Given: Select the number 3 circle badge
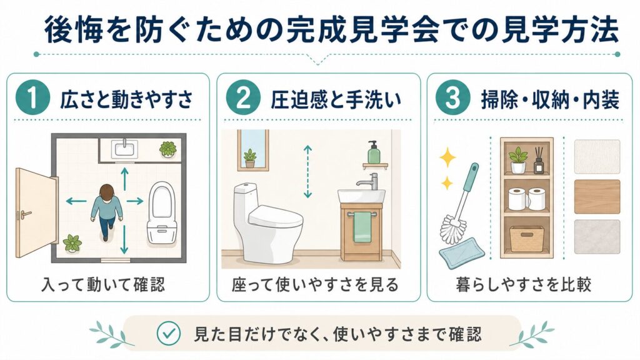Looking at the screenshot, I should tap(449, 101).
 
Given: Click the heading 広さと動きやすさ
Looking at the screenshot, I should tap(125, 101).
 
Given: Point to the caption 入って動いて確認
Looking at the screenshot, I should tap(103, 285).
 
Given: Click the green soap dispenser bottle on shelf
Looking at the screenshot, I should tap(374, 152).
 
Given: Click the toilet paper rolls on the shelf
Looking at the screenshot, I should tap(526, 198).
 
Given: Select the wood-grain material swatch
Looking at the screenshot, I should tap(597, 196).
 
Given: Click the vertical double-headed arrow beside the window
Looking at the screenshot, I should tap(307, 171).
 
